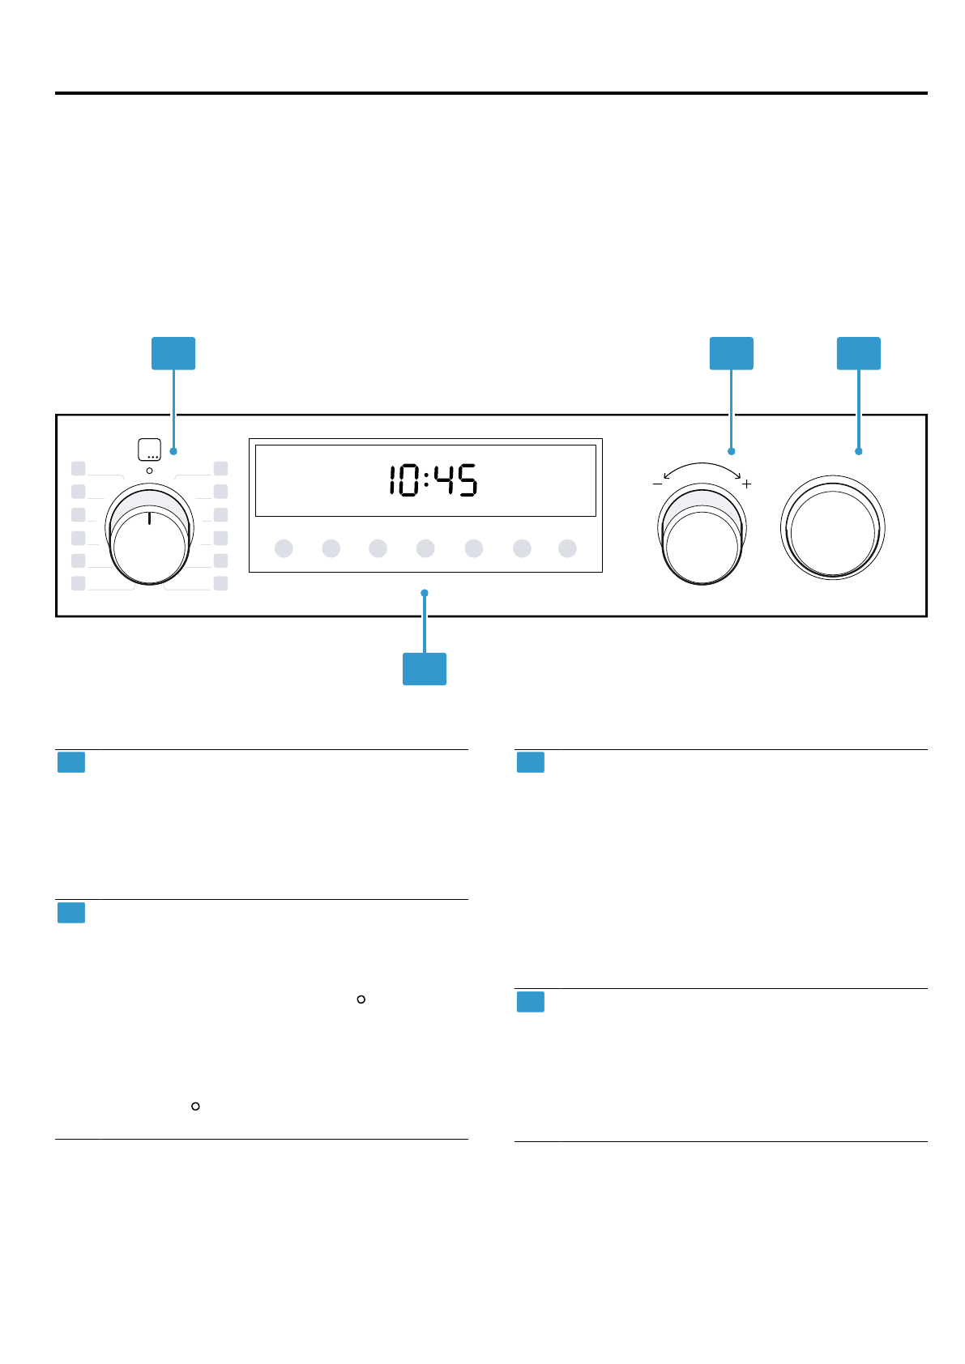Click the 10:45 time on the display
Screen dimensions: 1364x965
[433, 480]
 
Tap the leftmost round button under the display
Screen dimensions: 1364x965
[284, 548]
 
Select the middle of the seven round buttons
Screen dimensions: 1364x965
[425, 548]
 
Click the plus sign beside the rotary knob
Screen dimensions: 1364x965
[747, 484]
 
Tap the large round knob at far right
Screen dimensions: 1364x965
[833, 528]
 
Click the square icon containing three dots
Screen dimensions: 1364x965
[149, 450]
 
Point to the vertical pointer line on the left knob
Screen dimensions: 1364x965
[150, 518]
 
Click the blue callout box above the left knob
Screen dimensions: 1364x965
[173, 353]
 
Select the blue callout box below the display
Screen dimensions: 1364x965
[425, 669]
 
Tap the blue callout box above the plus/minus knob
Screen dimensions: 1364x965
[731, 353]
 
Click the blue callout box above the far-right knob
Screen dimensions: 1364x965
[858, 353]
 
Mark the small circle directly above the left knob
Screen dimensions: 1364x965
[149, 471]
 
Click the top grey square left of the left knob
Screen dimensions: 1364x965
[79, 468]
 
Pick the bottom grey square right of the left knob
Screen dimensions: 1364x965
[220, 583]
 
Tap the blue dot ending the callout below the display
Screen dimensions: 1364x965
[425, 594]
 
